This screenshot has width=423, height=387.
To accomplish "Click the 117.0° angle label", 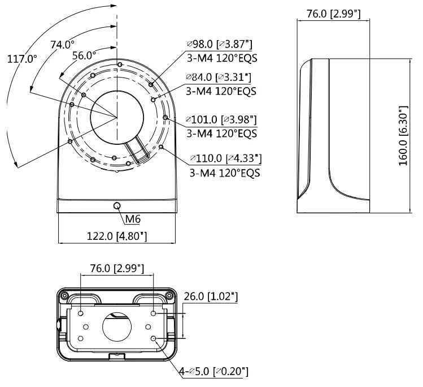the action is [21, 59].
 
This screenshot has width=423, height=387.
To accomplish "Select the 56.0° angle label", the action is [84, 55].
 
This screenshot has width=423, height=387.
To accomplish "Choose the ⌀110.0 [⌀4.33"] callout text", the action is [225, 158].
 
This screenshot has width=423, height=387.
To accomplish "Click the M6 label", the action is [132, 219].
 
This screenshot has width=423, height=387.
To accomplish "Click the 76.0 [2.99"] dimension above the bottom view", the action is [117, 267].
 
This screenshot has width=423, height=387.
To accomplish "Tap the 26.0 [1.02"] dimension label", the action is [210, 296].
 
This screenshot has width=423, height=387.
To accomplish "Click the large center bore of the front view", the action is [117, 117].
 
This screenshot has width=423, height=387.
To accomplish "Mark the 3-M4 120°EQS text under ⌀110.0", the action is [225, 173].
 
